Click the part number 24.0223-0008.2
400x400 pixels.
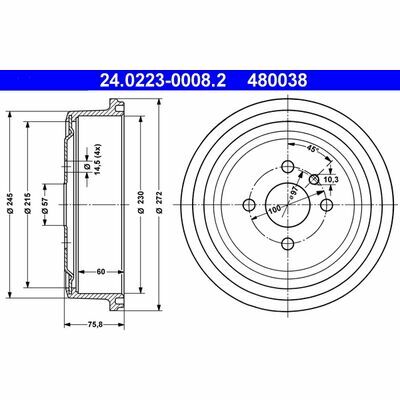[163, 80]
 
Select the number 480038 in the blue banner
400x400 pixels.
[277, 80]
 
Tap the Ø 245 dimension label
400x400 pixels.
[10, 202]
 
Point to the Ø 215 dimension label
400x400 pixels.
[27, 202]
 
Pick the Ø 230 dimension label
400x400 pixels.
[141, 202]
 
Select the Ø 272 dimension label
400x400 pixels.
[159, 202]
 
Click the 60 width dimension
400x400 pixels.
[101, 272]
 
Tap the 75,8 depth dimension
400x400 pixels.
[94, 323]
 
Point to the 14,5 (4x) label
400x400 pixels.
[99, 157]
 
